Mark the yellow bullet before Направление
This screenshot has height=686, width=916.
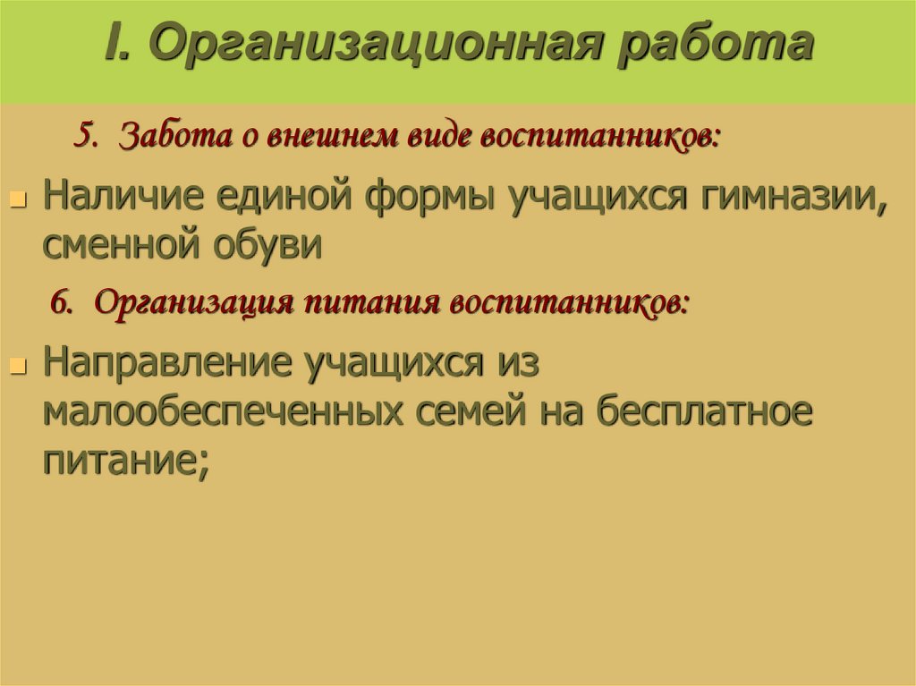pyautogui.click(x=17, y=367)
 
